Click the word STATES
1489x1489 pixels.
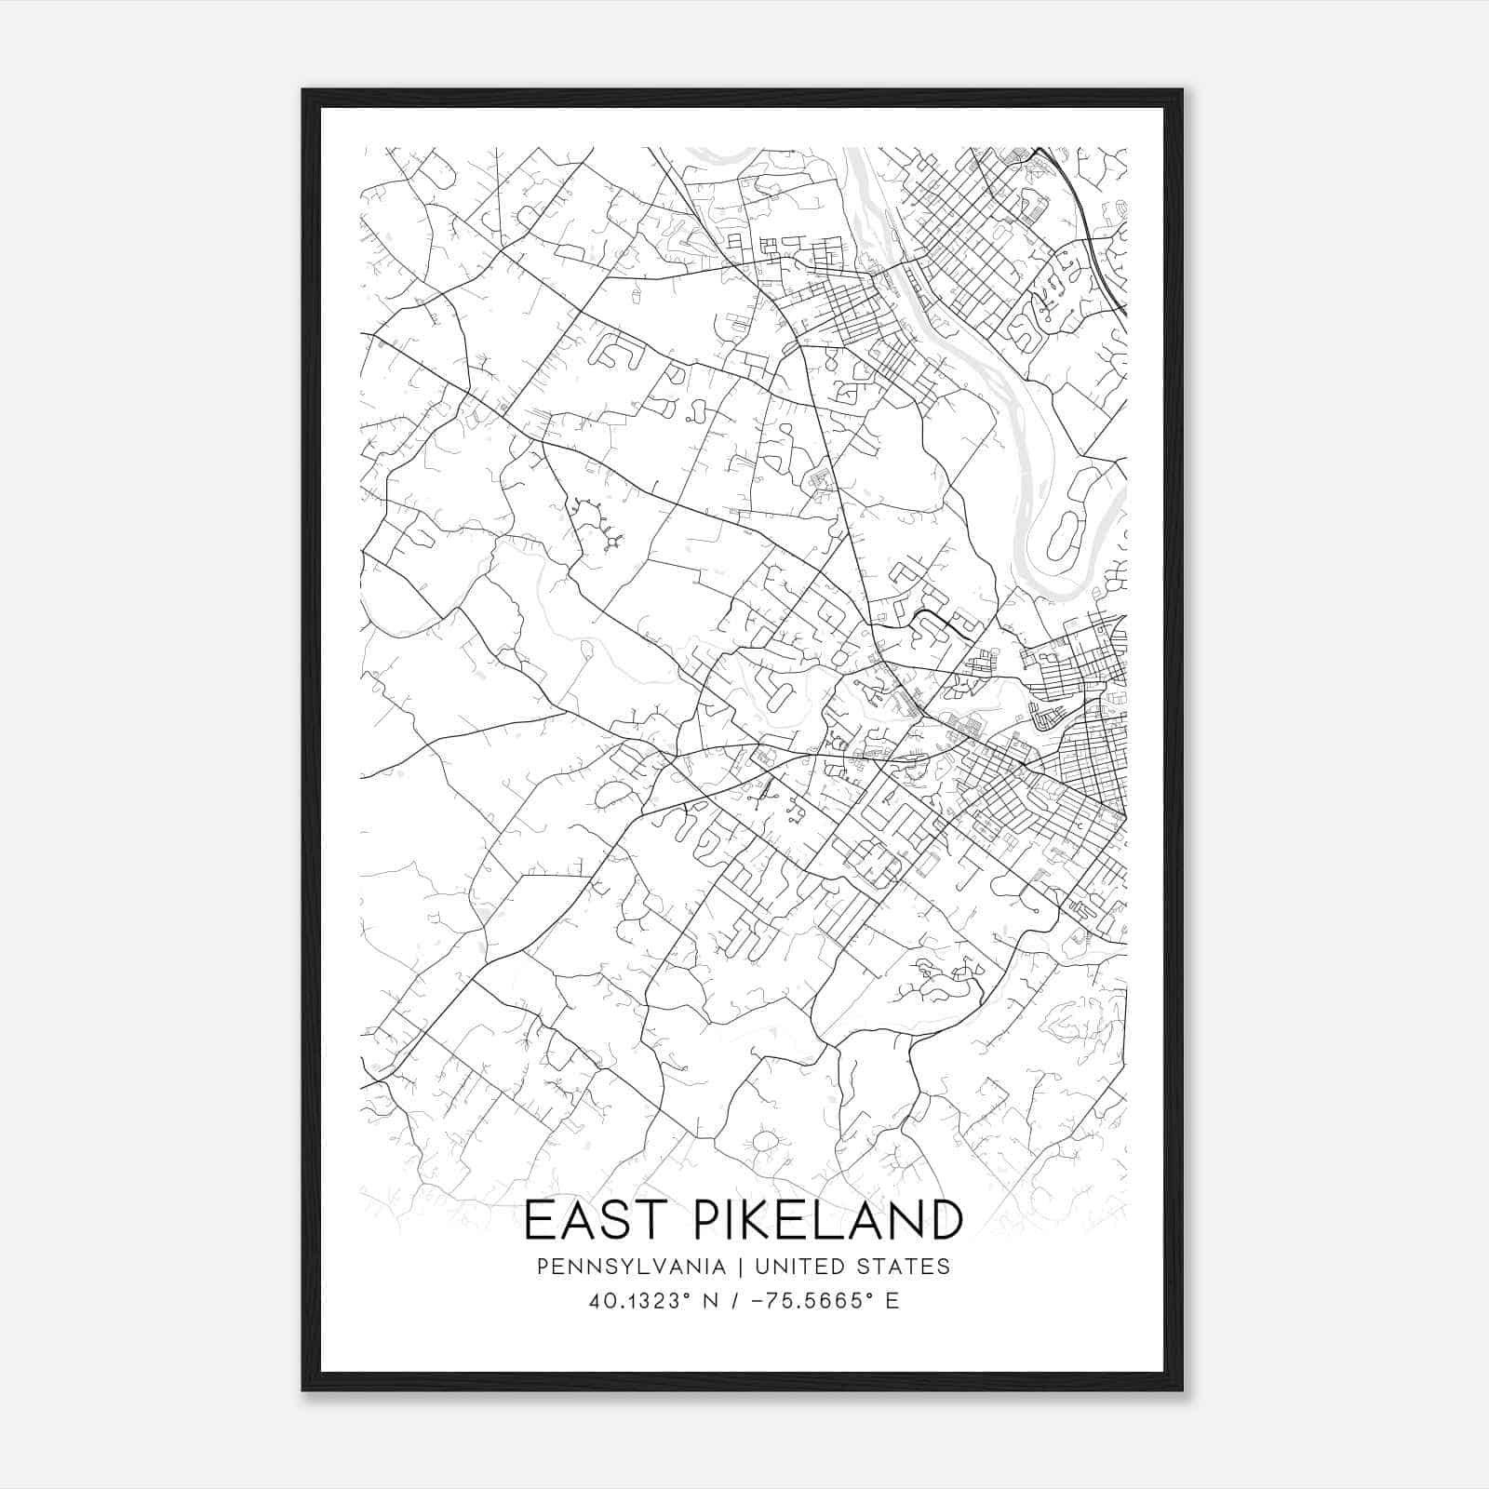click(x=906, y=1267)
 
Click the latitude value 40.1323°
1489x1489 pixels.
click(x=643, y=1301)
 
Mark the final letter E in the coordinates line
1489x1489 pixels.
click(x=892, y=1301)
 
